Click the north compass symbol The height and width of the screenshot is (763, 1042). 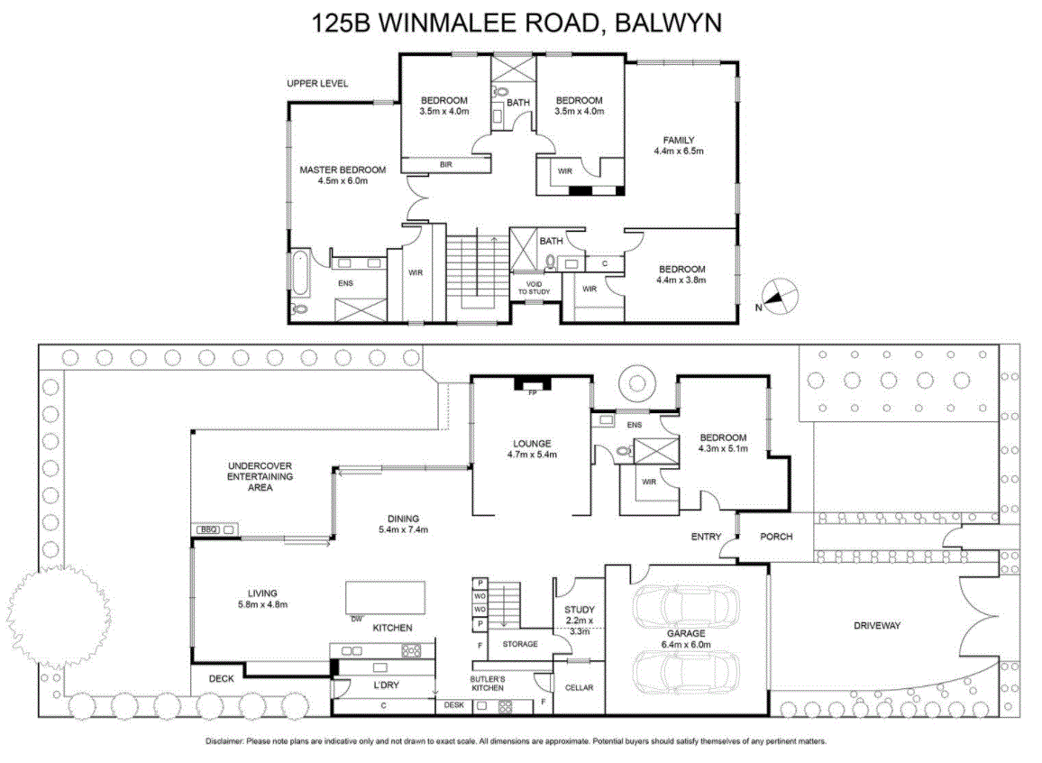[x=779, y=296]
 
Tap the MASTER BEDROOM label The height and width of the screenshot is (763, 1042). [x=343, y=170]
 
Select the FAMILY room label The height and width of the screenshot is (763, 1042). [x=679, y=140]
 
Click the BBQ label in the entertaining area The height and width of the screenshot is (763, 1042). [x=208, y=529]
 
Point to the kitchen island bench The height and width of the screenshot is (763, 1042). [x=386, y=598]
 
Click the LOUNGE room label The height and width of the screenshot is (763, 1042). [x=532, y=444]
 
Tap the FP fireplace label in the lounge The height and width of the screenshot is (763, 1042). [x=532, y=393]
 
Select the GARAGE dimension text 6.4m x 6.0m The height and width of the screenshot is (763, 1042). [x=686, y=644]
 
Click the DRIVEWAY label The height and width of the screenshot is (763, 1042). [x=877, y=625]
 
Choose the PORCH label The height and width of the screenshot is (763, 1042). [x=776, y=537]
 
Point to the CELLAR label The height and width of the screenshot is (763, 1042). [x=579, y=687]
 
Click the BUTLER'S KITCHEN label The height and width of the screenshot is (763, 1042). [x=488, y=684]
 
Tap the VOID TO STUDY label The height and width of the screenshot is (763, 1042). [x=535, y=288]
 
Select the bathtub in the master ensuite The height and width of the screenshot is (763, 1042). [x=299, y=272]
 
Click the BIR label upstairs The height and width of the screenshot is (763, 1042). [x=446, y=164]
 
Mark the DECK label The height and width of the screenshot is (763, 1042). [x=222, y=678]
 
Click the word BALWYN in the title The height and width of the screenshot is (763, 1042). [x=668, y=23]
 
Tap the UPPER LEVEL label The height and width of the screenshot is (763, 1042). [x=317, y=83]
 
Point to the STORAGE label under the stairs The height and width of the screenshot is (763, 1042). [x=520, y=644]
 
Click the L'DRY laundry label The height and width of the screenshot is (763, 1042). [x=386, y=685]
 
